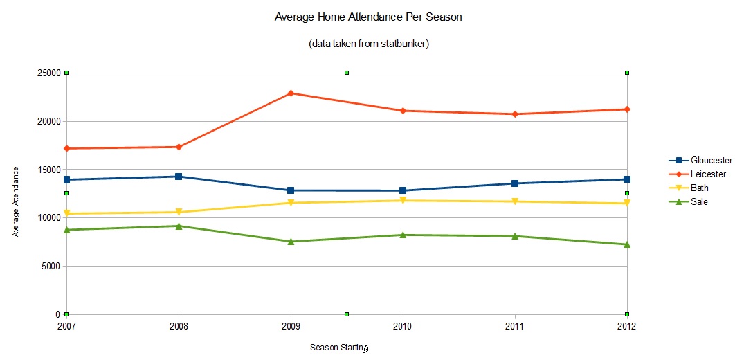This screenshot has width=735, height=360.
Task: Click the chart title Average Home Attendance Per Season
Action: click(367, 17)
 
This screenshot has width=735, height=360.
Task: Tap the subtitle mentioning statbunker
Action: click(367, 44)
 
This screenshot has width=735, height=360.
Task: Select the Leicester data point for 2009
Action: click(291, 93)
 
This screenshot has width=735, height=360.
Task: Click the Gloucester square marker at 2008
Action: click(179, 177)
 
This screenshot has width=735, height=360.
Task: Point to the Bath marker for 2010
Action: click(403, 201)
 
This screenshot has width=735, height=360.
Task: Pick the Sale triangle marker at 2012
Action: click(627, 244)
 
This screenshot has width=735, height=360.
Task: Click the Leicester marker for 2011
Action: click(515, 114)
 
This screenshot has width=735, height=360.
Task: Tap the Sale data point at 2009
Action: click(291, 242)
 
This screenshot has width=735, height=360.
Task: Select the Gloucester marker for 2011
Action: click(515, 183)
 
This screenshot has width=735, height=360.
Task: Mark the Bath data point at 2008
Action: click(179, 212)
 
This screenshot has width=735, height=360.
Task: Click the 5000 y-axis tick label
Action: click(53, 267)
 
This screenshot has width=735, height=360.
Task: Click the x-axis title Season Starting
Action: click(338, 348)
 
